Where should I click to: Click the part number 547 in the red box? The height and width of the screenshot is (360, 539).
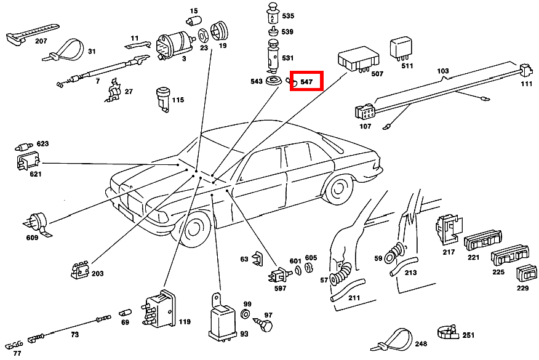[306, 82]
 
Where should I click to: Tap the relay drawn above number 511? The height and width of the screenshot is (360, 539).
[401, 49]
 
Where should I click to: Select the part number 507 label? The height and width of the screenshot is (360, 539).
[377, 74]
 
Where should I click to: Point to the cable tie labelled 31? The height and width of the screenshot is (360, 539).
[65, 50]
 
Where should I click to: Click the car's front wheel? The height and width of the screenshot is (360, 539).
[193, 229]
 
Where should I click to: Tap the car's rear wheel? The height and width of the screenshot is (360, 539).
[338, 188]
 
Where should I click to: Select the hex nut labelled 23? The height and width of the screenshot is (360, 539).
[203, 36]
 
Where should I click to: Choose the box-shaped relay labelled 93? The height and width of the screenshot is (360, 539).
[222, 318]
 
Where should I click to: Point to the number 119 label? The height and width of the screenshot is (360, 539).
[185, 322]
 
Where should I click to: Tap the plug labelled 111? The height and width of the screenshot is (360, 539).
[525, 71]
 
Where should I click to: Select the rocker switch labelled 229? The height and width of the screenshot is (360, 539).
[527, 274]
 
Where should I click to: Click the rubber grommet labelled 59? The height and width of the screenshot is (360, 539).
[394, 253]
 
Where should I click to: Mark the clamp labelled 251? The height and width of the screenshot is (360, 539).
[448, 332]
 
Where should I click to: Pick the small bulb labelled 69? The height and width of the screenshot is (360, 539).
[125, 313]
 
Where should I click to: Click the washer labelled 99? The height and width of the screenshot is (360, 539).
[246, 314]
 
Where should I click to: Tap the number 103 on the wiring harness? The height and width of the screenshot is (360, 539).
[443, 71]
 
